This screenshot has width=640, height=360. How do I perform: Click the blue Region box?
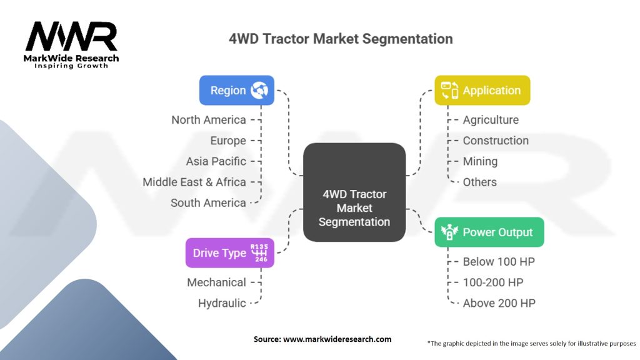pyautogui.click(x=237, y=90)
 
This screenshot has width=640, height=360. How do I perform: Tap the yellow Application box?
pyautogui.click(x=482, y=90)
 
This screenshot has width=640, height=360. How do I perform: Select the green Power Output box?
pyautogui.click(x=489, y=232)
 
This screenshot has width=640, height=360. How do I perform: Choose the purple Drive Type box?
pyautogui.click(x=230, y=252)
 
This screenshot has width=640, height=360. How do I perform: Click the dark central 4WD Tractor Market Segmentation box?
pyautogui.click(x=354, y=192)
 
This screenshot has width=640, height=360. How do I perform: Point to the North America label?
pyautogui.click(x=209, y=120)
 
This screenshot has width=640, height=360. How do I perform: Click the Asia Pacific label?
pyautogui.click(x=216, y=161)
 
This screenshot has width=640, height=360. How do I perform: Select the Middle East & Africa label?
pyautogui.click(x=194, y=182)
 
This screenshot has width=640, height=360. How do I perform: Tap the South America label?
pyautogui.click(x=208, y=203)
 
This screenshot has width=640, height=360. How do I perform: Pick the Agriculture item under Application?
pyautogui.click(x=491, y=120)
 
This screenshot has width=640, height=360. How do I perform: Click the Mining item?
pyautogui.click(x=480, y=162)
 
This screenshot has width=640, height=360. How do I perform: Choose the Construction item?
pyautogui.click(x=496, y=141)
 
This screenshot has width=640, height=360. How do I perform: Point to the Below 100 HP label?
pyautogui.click(x=499, y=262)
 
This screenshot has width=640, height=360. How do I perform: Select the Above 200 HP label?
pyautogui.click(x=499, y=303)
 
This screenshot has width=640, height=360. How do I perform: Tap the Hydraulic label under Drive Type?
pyautogui.click(x=222, y=303)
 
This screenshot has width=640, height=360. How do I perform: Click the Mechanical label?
pyautogui.click(x=216, y=282)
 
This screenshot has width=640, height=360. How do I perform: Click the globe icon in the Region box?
pyautogui.click(x=259, y=90)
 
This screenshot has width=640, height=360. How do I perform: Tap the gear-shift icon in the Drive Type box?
pyautogui.click(x=259, y=252)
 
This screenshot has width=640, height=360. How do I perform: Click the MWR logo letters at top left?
pyautogui.click(x=71, y=36)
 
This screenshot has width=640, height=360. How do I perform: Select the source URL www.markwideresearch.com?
pyautogui.click(x=337, y=339)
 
